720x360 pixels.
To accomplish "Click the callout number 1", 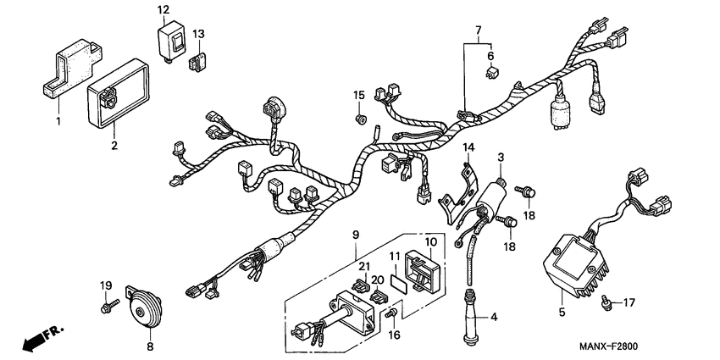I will point(58,122).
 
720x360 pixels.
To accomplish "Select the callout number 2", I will point(114,146).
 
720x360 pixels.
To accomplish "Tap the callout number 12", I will point(163,9).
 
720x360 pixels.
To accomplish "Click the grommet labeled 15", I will point(359,119).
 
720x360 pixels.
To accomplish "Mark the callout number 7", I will point(480,31).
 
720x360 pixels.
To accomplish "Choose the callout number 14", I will point(468,147).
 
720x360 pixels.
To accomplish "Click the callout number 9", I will point(356,233).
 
